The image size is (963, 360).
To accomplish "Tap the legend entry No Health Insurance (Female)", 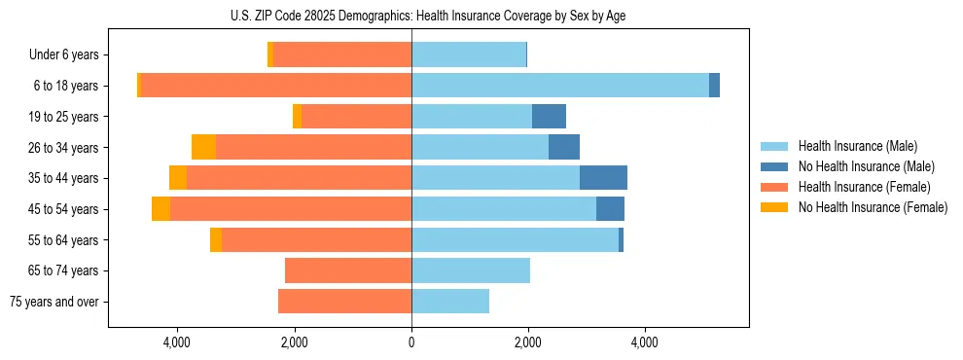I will [873, 207].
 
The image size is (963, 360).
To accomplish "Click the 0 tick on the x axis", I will [411, 342].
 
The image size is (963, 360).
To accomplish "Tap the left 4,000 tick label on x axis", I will [177, 342].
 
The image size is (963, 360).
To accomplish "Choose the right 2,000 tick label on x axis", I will [528, 342].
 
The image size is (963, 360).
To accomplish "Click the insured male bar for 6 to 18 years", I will [559, 86].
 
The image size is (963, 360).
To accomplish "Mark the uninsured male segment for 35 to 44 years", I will [603, 178].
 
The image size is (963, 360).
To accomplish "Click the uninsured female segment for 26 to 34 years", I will [203, 147].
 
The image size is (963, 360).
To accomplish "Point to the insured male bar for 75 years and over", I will [450, 302].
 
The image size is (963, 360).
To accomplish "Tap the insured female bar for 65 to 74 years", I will [348, 270].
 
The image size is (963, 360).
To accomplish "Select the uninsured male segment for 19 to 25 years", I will [549, 117].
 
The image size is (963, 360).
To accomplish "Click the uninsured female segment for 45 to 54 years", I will [160, 209].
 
